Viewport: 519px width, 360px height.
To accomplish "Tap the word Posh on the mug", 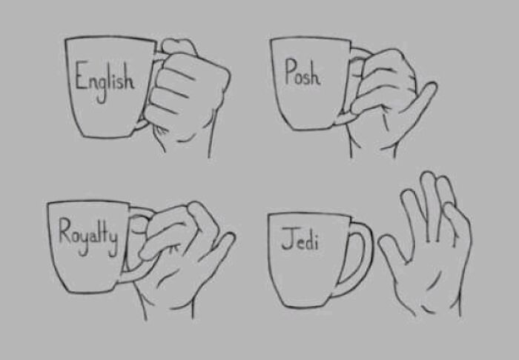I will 302,73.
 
